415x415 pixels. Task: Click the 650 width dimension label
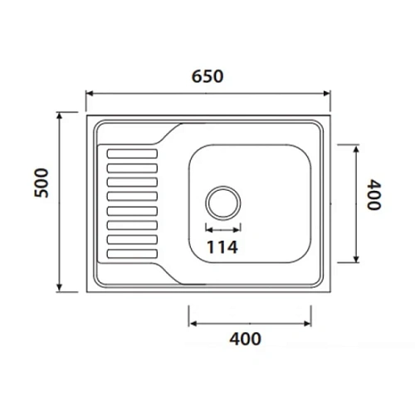coord(208,76)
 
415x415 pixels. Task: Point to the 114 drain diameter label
coord(223,247)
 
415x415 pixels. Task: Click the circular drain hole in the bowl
coord(223,202)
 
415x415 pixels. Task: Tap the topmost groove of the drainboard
coord(129,153)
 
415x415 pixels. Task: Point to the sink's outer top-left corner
coord(87,114)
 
